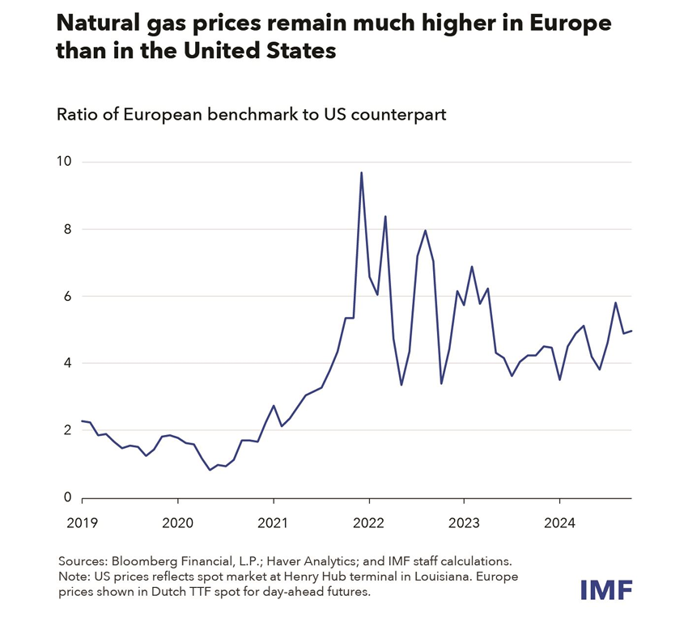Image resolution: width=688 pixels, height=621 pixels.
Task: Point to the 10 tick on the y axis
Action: click(x=64, y=162)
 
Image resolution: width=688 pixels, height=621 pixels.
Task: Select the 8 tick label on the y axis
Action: click(x=68, y=229)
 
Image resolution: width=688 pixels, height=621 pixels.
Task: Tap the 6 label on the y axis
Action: click(x=68, y=296)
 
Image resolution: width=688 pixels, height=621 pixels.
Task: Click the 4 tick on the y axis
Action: click(x=68, y=363)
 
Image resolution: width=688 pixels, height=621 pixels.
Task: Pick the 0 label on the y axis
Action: click(x=68, y=498)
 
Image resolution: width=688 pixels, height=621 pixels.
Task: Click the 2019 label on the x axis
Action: click(x=83, y=522)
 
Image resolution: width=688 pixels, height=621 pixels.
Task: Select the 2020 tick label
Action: click(x=178, y=522)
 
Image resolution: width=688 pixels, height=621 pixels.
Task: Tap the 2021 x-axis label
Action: click(x=274, y=522)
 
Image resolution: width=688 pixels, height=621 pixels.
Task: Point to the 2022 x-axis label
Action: click(x=369, y=522)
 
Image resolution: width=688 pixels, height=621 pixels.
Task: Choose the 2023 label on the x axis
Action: click(x=465, y=522)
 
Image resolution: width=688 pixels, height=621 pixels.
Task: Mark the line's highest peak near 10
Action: click(x=361, y=172)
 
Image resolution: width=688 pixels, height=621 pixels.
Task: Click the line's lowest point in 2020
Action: click(x=210, y=470)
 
